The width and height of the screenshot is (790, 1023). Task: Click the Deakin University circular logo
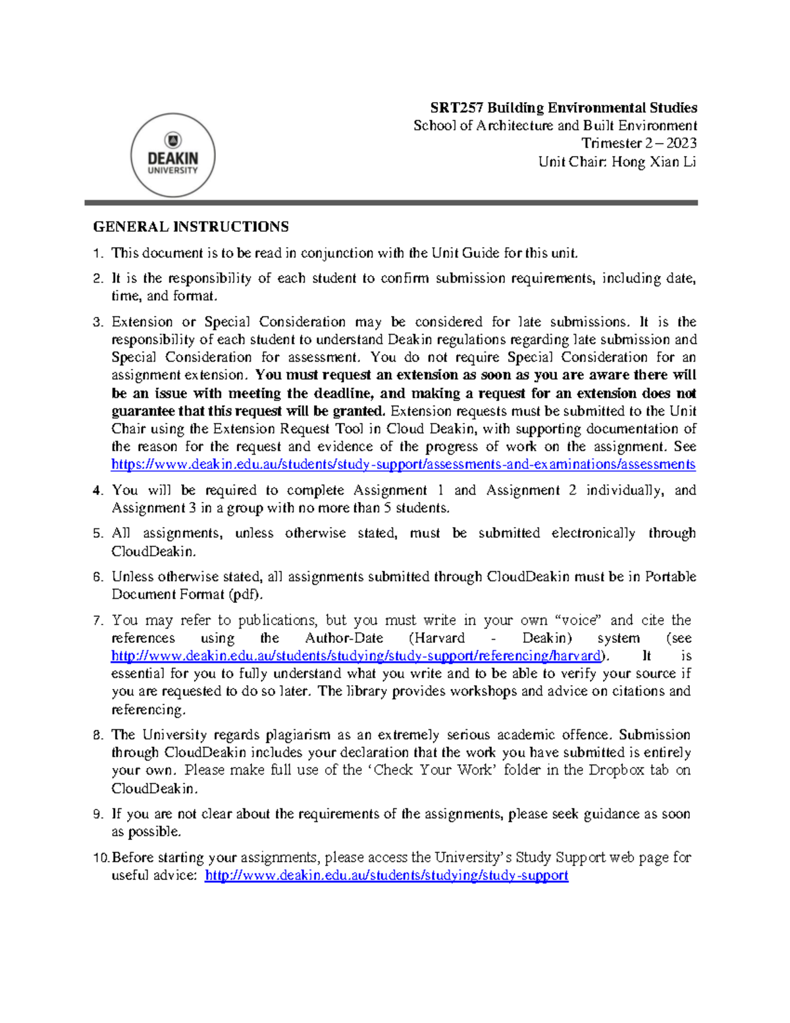coord(173,155)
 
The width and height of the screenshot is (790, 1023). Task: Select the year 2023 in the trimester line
coord(681,144)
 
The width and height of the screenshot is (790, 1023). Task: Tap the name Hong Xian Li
coord(653,161)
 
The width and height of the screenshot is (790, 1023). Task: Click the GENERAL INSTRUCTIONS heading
coord(191,227)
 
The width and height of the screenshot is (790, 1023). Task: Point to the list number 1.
coord(98,254)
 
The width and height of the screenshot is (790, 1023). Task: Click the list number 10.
coord(101,858)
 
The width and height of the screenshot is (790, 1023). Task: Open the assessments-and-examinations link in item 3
coord(403,464)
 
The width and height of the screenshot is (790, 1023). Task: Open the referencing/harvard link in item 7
coord(355,656)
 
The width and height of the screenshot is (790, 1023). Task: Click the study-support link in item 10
coord(386,875)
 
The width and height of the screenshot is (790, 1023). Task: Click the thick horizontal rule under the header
coord(391,203)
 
